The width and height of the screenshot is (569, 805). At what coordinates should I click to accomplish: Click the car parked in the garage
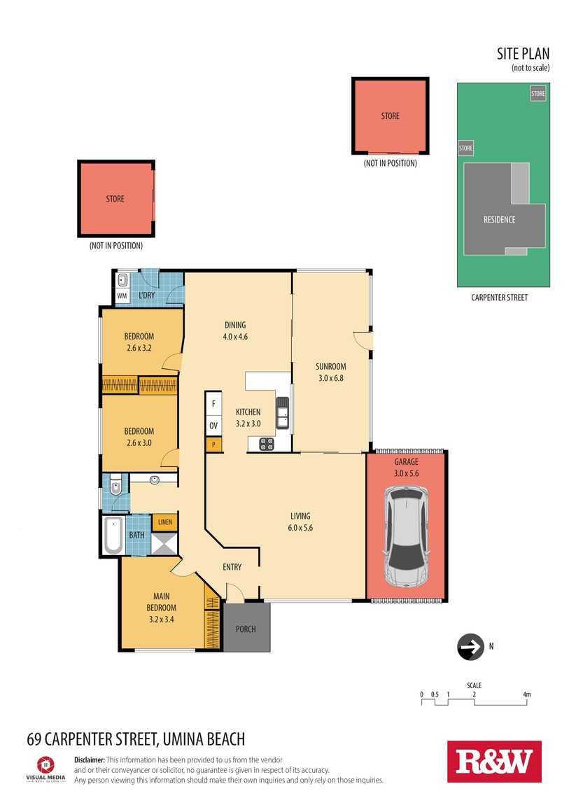click(407, 536)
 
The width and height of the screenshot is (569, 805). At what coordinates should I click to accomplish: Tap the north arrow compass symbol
click(470, 647)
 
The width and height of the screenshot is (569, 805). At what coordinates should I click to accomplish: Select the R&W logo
click(494, 762)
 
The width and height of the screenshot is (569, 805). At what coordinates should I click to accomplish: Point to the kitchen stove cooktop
click(266, 444)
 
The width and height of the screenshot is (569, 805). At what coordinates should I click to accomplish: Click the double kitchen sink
click(282, 413)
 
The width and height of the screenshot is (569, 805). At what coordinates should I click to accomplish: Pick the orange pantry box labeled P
click(213, 444)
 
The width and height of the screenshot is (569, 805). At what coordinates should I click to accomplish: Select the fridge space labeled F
click(213, 404)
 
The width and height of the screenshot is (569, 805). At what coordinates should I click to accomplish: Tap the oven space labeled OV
click(213, 426)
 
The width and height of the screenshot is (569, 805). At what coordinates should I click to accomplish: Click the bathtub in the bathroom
click(113, 535)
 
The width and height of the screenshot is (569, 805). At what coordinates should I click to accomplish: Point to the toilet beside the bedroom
click(115, 485)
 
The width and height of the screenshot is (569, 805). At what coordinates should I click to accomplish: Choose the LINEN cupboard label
click(165, 522)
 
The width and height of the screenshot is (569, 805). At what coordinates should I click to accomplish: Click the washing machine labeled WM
click(122, 295)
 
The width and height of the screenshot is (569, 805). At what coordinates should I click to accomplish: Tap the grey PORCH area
click(246, 627)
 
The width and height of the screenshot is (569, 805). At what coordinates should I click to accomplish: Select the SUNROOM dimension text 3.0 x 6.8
click(331, 379)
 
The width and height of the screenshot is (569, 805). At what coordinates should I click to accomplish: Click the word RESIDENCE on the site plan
click(499, 220)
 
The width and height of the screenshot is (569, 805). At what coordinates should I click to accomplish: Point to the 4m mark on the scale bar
click(527, 694)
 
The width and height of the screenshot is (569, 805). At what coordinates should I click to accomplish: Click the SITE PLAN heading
click(523, 53)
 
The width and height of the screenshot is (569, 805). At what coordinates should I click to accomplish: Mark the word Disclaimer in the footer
click(90, 759)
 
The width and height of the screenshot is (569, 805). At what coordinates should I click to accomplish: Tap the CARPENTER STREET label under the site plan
click(499, 297)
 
